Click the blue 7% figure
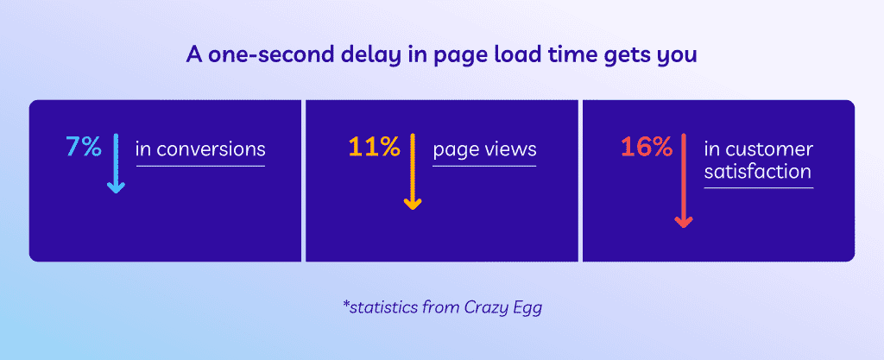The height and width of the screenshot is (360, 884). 84,148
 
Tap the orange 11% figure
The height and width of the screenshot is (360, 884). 374,148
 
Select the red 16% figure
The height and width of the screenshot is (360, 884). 646,148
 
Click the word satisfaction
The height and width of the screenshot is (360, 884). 758,173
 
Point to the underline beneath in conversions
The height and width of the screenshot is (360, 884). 200,166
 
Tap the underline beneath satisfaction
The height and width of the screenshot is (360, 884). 758,187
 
